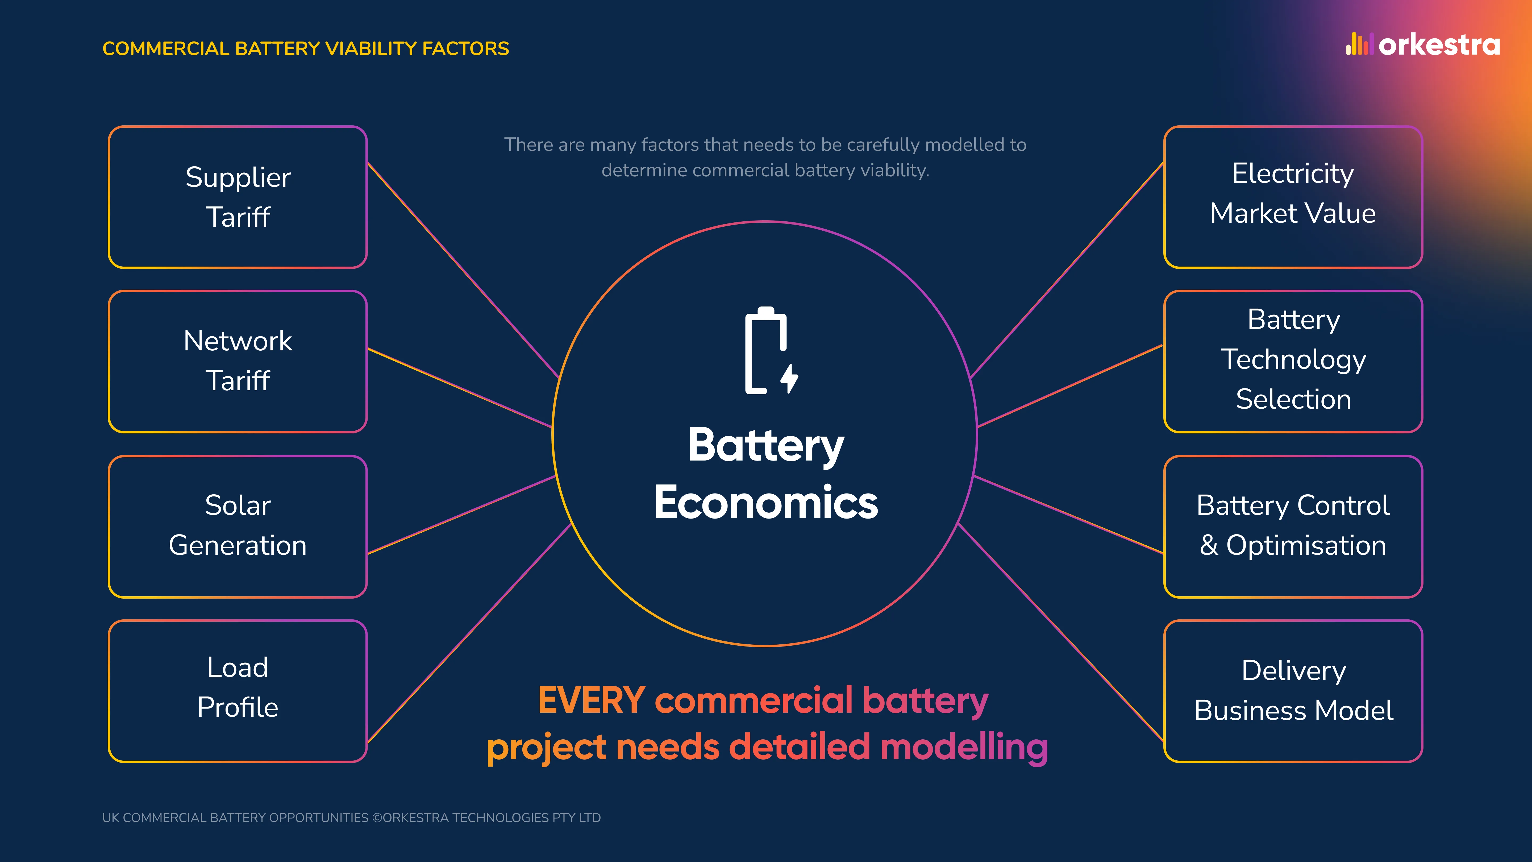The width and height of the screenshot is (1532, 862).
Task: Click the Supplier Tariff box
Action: [x=238, y=197]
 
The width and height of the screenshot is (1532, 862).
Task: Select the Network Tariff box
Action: [x=238, y=361]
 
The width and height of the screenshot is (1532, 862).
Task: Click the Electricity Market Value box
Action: [x=1293, y=197]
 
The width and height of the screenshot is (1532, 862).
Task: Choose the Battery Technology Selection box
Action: [x=1293, y=361]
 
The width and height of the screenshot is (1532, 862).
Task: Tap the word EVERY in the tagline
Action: [x=591, y=700]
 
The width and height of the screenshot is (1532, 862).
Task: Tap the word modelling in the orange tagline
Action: [x=963, y=747]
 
